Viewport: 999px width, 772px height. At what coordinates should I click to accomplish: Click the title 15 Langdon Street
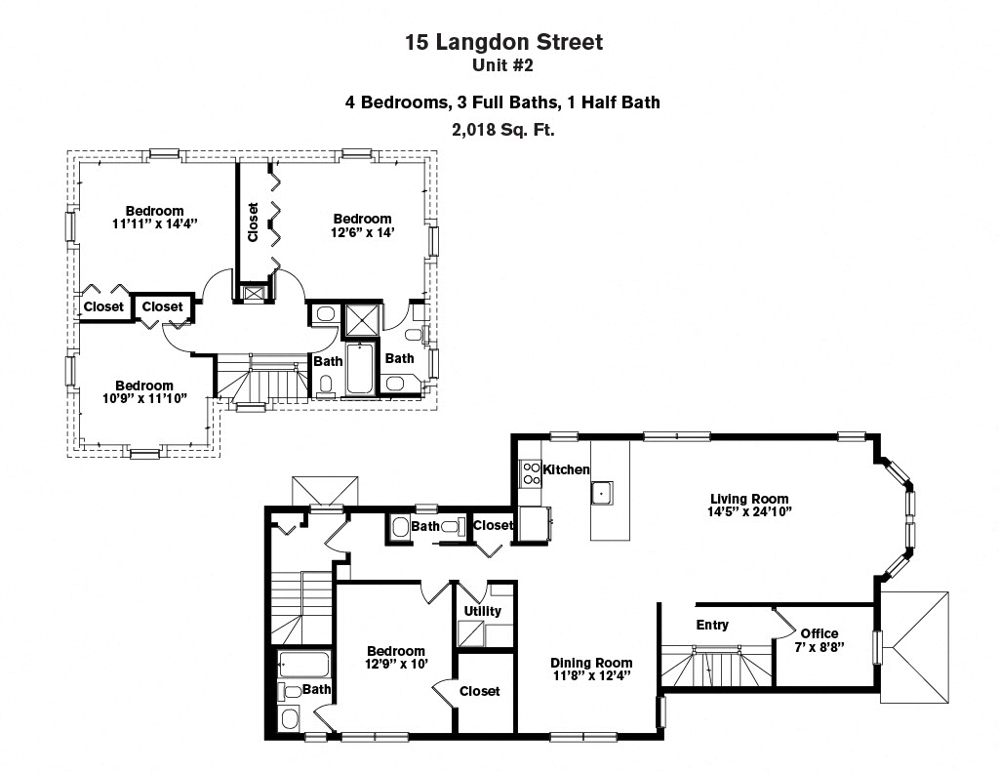pyautogui.click(x=503, y=42)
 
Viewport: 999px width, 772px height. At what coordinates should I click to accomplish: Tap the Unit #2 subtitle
pyautogui.click(x=503, y=66)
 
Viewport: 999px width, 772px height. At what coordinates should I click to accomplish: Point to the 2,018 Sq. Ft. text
pyautogui.click(x=503, y=128)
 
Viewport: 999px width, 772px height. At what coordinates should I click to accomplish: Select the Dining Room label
pyautogui.click(x=591, y=663)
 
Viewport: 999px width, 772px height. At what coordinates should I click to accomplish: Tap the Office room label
pyautogui.click(x=819, y=633)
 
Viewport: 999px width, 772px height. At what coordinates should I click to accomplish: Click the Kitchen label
pyautogui.click(x=566, y=469)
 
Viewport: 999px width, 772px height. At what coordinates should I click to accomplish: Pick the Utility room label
pyautogui.click(x=482, y=611)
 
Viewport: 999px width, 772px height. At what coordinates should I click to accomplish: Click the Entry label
pyautogui.click(x=712, y=625)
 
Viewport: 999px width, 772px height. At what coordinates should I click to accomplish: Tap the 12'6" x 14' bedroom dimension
pyautogui.click(x=363, y=232)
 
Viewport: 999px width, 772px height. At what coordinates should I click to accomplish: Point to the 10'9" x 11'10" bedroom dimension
pyautogui.click(x=144, y=398)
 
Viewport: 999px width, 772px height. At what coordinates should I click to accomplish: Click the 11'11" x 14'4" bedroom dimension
pyautogui.click(x=154, y=223)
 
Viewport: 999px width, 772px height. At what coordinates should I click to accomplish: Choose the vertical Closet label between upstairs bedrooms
pyautogui.click(x=254, y=223)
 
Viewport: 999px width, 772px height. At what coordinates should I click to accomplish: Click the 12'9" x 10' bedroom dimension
pyautogui.click(x=395, y=665)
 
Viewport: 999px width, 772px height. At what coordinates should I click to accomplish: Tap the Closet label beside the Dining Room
pyautogui.click(x=478, y=691)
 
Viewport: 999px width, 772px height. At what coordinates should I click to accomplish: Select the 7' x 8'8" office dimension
pyautogui.click(x=819, y=646)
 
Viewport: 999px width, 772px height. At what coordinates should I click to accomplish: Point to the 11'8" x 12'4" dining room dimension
pyautogui.click(x=591, y=675)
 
